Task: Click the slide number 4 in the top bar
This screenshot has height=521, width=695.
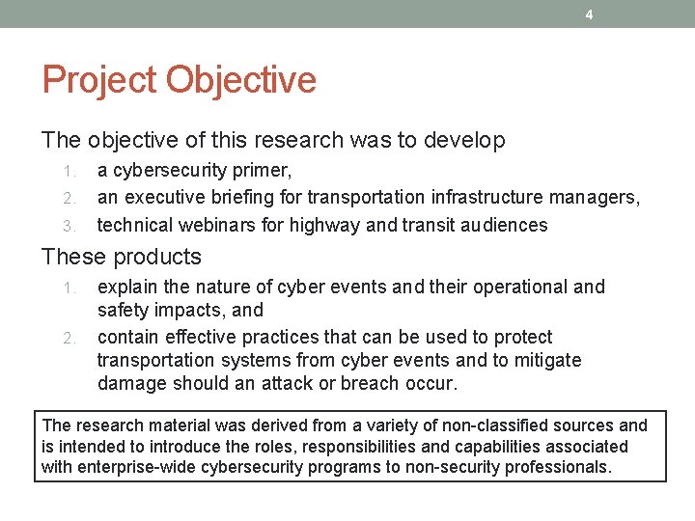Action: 589,14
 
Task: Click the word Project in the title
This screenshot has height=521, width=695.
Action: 100,79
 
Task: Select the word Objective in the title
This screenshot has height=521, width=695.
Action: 241,79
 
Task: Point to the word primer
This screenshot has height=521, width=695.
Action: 260,171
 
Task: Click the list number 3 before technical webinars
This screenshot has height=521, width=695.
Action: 69,226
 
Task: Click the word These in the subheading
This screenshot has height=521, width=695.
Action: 73,257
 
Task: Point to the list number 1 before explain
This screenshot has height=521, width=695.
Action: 69,288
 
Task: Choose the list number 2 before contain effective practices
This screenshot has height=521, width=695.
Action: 69,338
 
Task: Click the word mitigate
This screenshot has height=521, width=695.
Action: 549,360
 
